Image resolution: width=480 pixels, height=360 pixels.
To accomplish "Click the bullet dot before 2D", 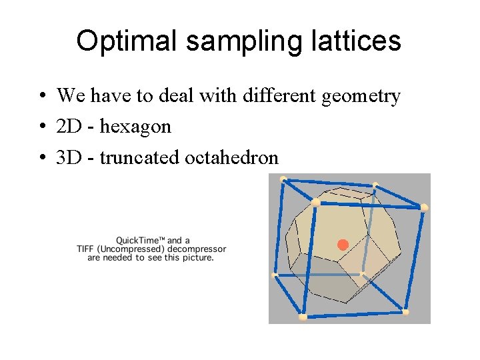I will pyautogui.click(x=42, y=127).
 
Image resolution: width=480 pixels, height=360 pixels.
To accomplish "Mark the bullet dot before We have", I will pyautogui.click(x=42, y=96).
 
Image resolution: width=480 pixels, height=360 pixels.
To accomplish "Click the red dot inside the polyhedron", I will pyautogui.click(x=343, y=245).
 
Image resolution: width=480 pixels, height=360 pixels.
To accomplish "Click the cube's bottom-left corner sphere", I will pyautogui.click(x=303, y=317).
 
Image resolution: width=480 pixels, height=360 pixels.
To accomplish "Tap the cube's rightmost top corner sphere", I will pyautogui.click(x=425, y=207).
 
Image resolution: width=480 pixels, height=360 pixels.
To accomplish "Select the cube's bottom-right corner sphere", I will pyautogui.click(x=405, y=311).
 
